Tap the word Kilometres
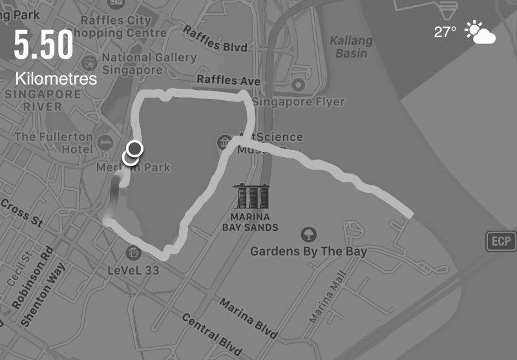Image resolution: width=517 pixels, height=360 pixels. [57, 79]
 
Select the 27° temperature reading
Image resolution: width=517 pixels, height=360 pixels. [445, 32]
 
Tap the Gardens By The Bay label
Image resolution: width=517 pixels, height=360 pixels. [308, 251]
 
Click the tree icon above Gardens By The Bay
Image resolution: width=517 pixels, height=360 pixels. [309, 234]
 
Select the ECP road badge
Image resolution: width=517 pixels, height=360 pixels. [501, 242]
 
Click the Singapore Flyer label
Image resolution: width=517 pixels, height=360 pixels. [299, 101]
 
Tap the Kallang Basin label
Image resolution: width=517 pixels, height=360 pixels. [352, 47]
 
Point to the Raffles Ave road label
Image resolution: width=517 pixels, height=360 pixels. [228, 81]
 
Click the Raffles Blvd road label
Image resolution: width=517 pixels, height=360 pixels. [215, 40]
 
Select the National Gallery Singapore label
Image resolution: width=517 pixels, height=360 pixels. [149, 63]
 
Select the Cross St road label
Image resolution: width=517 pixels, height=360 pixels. [21, 213]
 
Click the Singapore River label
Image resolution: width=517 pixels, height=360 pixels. [43, 101]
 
